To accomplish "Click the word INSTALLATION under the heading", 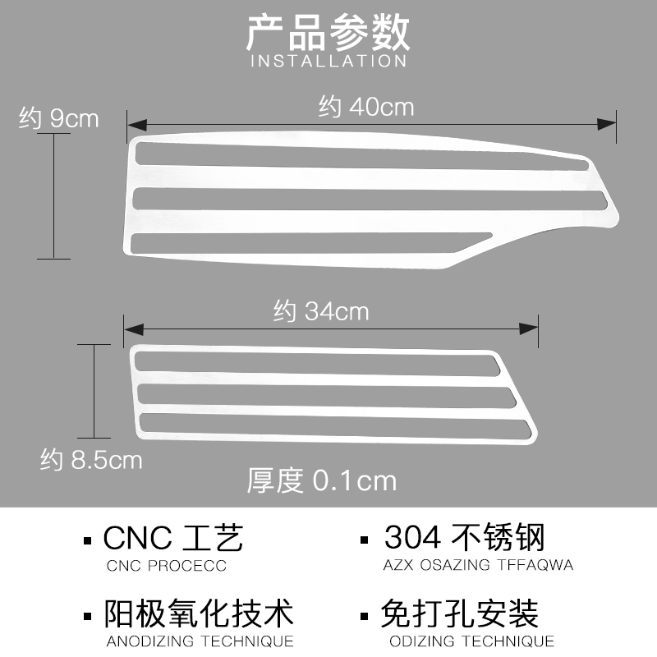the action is click(328, 61).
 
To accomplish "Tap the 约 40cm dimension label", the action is click(366, 107).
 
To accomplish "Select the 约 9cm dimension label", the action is click(58, 118).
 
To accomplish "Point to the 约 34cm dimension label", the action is click(321, 312).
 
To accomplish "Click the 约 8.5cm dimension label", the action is click(91, 460).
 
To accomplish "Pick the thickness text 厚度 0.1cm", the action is click(322, 480).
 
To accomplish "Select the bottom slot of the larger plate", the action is click(304, 241).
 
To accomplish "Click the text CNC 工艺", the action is click(174, 539).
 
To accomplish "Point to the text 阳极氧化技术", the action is click(200, 614).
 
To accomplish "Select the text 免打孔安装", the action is click(459, 614).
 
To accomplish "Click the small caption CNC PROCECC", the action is click(167, 566).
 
